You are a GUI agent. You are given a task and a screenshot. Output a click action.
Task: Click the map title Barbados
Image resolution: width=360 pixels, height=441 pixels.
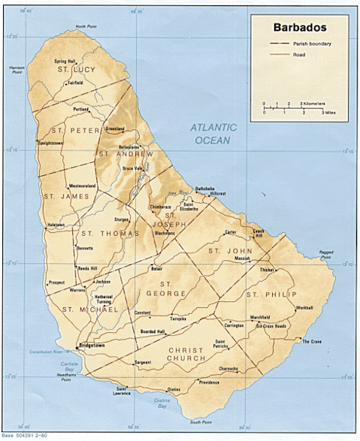coord(298,27)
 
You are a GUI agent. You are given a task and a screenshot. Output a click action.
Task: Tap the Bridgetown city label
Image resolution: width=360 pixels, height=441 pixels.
coord(91,346)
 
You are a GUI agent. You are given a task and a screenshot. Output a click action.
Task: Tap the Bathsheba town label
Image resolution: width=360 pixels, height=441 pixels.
coord(205,187)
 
